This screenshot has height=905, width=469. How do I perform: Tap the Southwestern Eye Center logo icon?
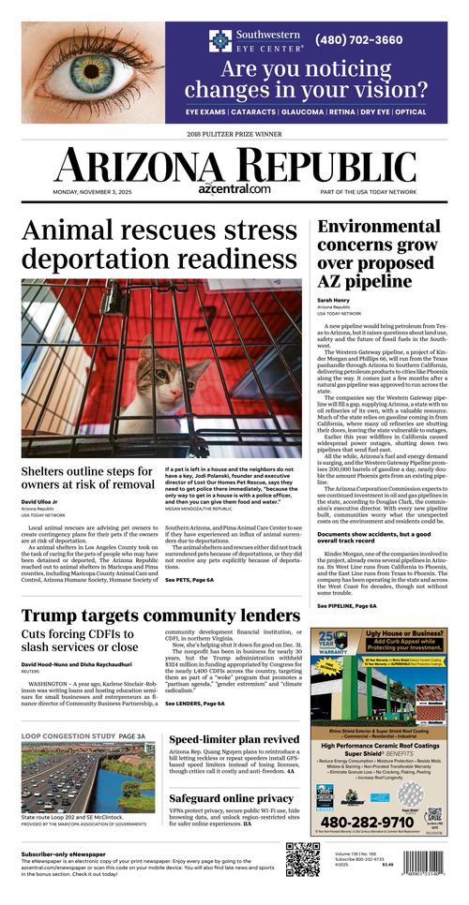pyautogui.click(x=219, y=40)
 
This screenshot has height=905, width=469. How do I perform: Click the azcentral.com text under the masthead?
pyautogui.click(x=234, y=188)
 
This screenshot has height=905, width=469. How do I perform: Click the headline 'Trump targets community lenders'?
pyautogui.click(x=160, y=616)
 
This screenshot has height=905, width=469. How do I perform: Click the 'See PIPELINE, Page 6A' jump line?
pyautogui.click(x=346, y=606)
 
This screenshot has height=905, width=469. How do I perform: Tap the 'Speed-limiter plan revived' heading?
pyautogui.click(x=221, y=739)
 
